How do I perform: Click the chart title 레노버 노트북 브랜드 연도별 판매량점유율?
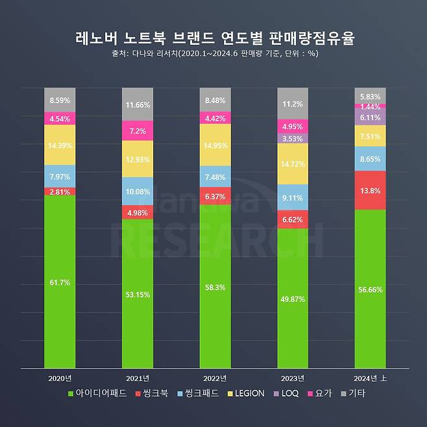tap(213, 38)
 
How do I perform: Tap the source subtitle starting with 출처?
tap(213, 55)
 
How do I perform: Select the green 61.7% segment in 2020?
tap(60, 282)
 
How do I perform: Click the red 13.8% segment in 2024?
tap(370, 190)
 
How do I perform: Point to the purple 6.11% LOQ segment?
tap(370, 117)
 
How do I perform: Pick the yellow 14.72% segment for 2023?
tap(293, 164)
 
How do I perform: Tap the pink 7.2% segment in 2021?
tap(137, 130)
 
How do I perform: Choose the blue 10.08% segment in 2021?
tap(137, 191)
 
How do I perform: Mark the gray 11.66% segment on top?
tap(137, 104)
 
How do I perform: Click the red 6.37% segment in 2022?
tap(215, 196)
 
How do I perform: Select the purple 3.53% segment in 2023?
tap(293, 138)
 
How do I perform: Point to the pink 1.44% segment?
tap(370, 106)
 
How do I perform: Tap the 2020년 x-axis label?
tap(60, 378)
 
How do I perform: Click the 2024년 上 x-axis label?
tap(371, 378)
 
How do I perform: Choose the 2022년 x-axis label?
tap(215, 378)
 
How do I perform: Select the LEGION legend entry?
tap(245, 393)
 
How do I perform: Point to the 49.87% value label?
tap(293, 299)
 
